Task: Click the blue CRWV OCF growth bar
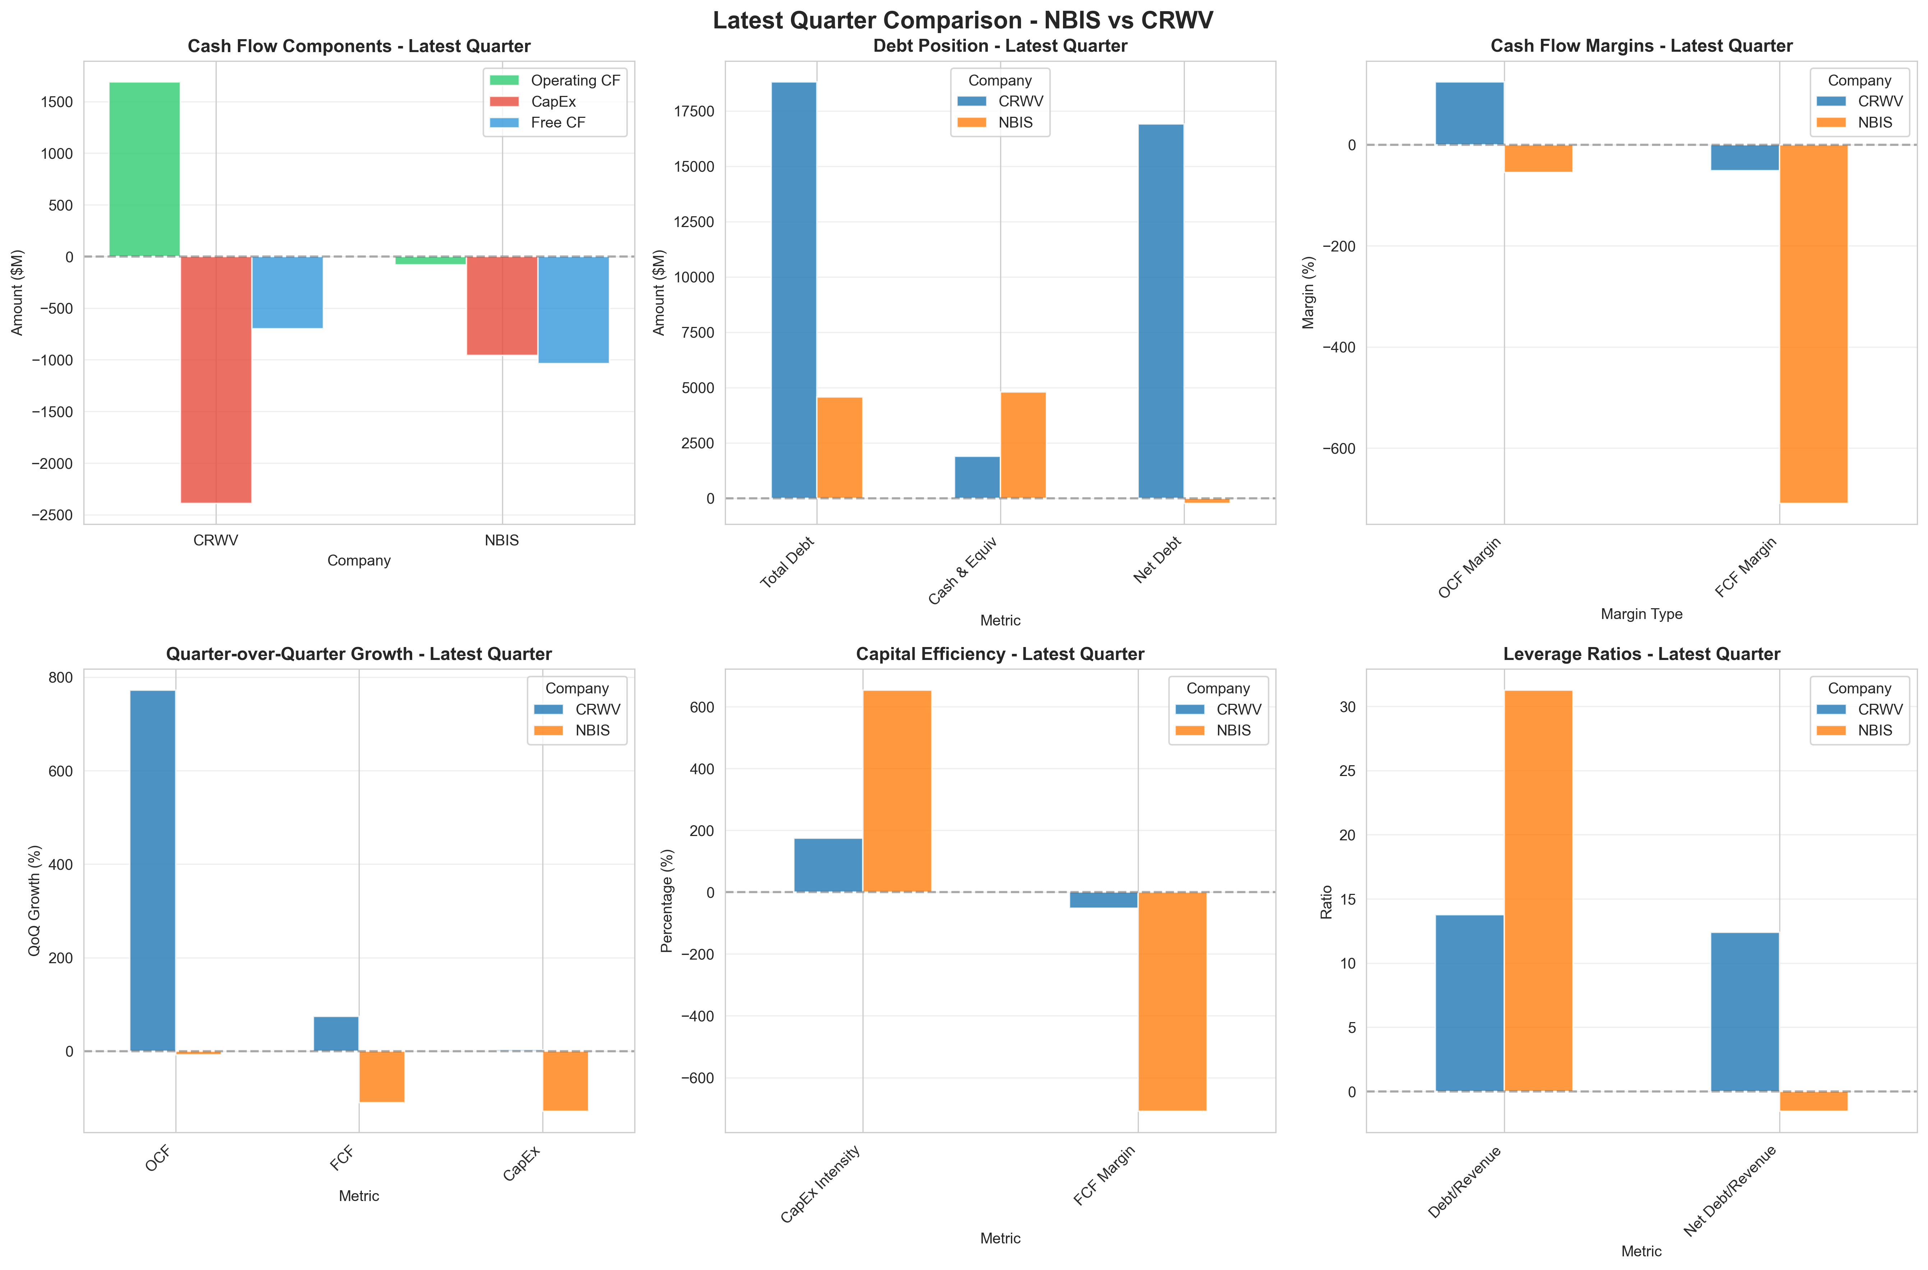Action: pyautogui.click(x=152, y=871)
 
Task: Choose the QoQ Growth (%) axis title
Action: pyautogui.click(x=34, y=901)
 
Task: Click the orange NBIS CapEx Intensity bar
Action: pyautogui.click(x=897, y=791)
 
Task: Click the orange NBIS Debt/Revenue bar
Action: pyautogui.click(x=1537, y=891)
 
